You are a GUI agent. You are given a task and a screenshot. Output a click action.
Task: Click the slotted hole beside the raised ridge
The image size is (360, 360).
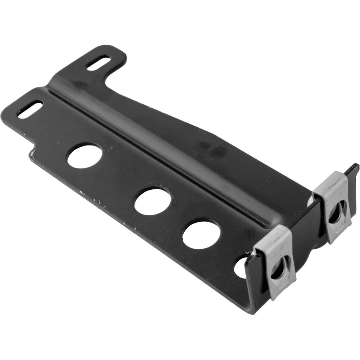(x=98, y=63)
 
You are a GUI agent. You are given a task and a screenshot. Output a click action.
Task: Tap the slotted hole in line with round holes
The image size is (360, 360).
(x=30, y=109)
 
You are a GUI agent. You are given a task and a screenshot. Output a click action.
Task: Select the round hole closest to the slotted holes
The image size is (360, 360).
(x=85, y=156)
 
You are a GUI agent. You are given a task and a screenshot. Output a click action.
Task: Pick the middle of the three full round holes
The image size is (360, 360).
(x=152, y=201)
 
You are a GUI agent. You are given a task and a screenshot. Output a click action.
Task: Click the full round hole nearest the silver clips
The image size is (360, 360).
(x=201, y=235)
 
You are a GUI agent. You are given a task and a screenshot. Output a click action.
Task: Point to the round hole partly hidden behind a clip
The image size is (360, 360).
(x=241, y=267)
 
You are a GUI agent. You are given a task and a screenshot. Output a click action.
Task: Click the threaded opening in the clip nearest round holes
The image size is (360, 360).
(x=280, y=268)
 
